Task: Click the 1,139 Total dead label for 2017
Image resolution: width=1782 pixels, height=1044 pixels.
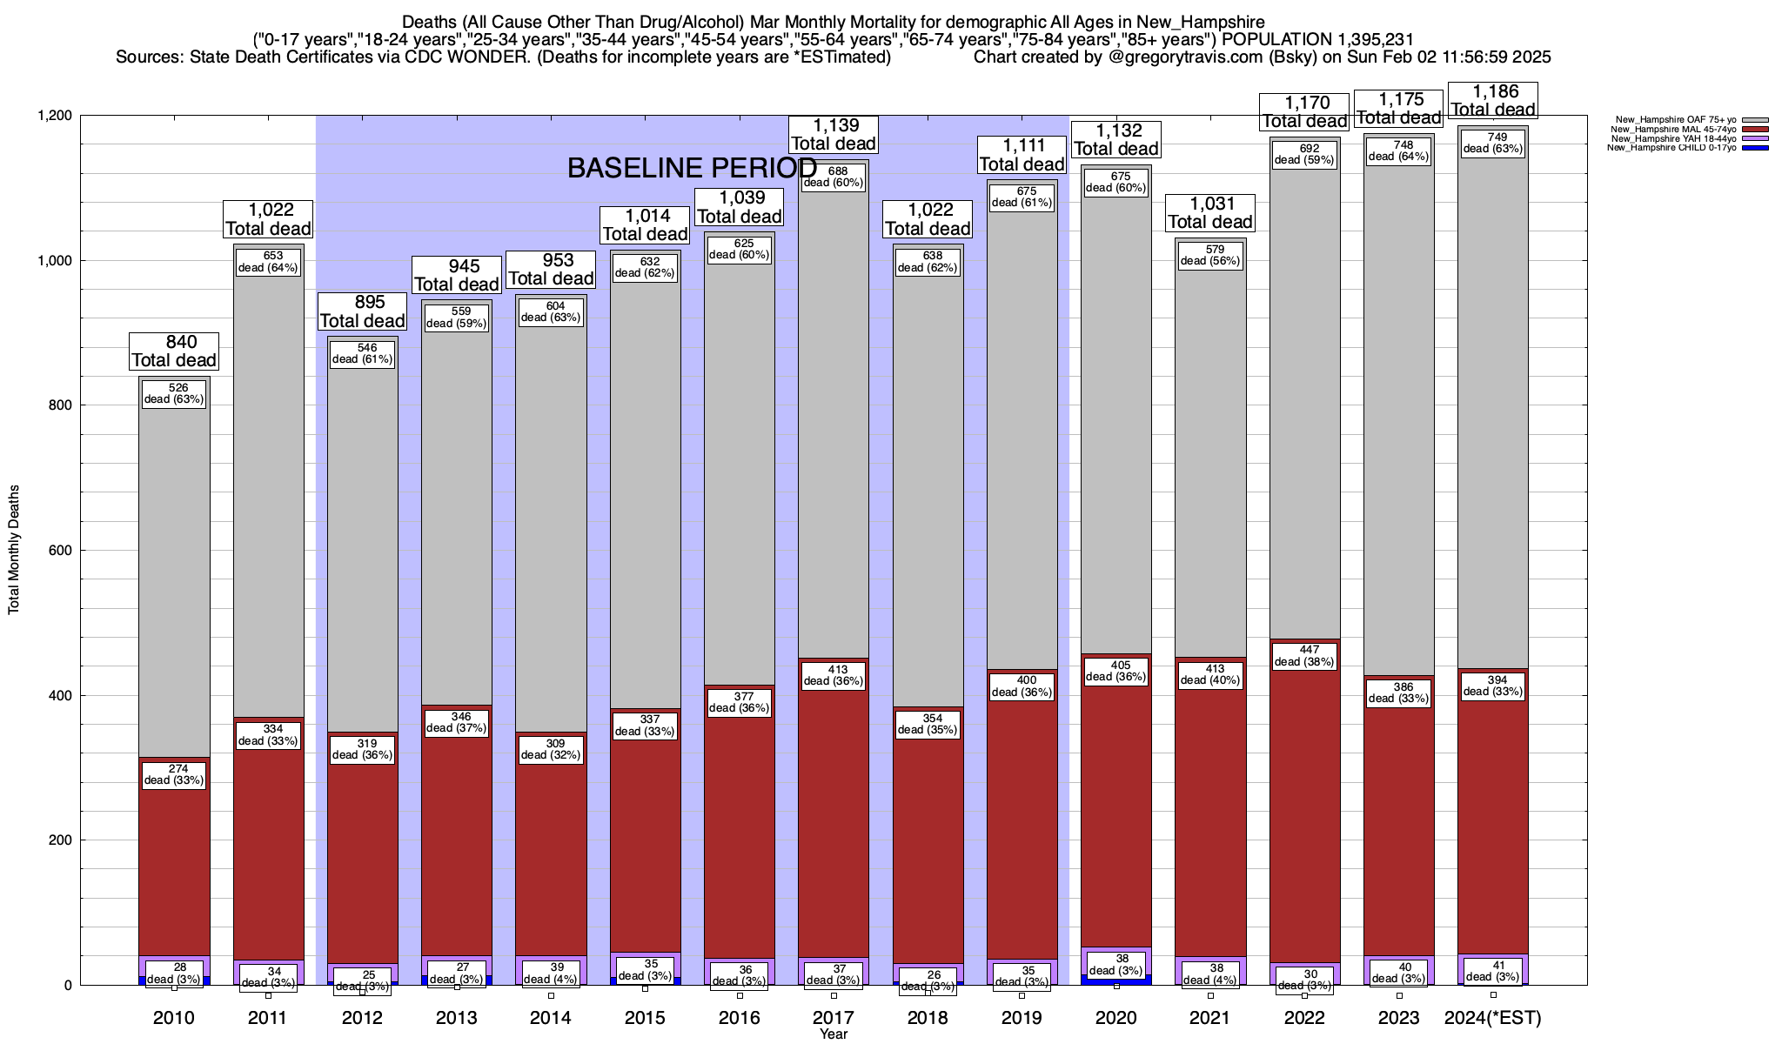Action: tap(834, 135)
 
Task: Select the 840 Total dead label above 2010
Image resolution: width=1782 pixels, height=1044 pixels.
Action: tap(174, 351)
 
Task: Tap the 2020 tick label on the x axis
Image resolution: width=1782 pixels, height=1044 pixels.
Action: tap(1116, 1018)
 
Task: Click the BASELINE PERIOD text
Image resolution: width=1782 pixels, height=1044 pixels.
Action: tap(692, 169)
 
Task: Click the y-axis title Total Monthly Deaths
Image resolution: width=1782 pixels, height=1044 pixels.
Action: tap(14, 550)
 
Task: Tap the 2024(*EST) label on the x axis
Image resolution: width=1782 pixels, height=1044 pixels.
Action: tap(1493, 1018)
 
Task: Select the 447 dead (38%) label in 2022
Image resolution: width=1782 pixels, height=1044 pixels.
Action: tap(1304, 656)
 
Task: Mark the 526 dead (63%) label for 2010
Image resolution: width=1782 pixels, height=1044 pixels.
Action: tap(174, 393)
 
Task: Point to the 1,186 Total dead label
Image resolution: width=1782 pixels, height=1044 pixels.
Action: tap(1493, 100)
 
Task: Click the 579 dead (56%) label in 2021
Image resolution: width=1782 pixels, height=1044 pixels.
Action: tap(1210, 255)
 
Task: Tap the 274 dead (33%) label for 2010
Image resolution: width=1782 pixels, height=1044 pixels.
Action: tap(174, 774)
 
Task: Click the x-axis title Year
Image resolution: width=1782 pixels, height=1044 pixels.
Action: tap(834, 1034)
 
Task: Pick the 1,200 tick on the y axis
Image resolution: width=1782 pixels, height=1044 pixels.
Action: tap(54, 116)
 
